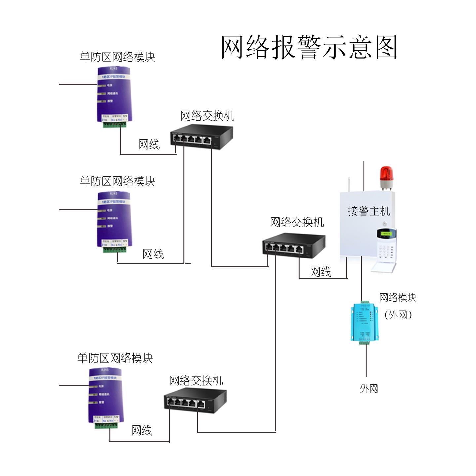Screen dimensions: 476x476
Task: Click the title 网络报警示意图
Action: pyautogui.click(x=309, y=47)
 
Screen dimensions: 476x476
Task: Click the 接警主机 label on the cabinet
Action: pyautogui.click(x=369, y=211)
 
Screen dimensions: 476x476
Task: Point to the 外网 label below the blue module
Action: pyautogui.click(x=369, y=388)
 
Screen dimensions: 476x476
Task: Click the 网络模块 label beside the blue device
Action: pyautogui.click(x=397, y=297)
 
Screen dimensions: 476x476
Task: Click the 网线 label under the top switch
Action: pyautogui.click(x=149, y=144)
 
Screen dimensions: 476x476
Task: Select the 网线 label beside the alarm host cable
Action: pyautogui.click(x=320, y=272)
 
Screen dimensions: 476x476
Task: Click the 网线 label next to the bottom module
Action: pyautogui.click(x=141, y=430)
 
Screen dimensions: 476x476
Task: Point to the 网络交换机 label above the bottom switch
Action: pyautogui.click(x=196, y=380)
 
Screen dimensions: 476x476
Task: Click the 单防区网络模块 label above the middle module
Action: pyautogui.click(x=117, y=181)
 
